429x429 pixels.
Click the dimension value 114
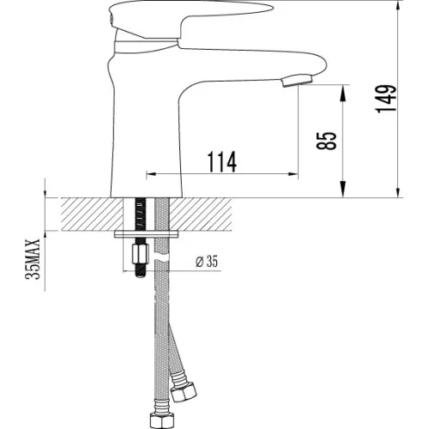point(221,160)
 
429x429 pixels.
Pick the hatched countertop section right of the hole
point(206,214)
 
